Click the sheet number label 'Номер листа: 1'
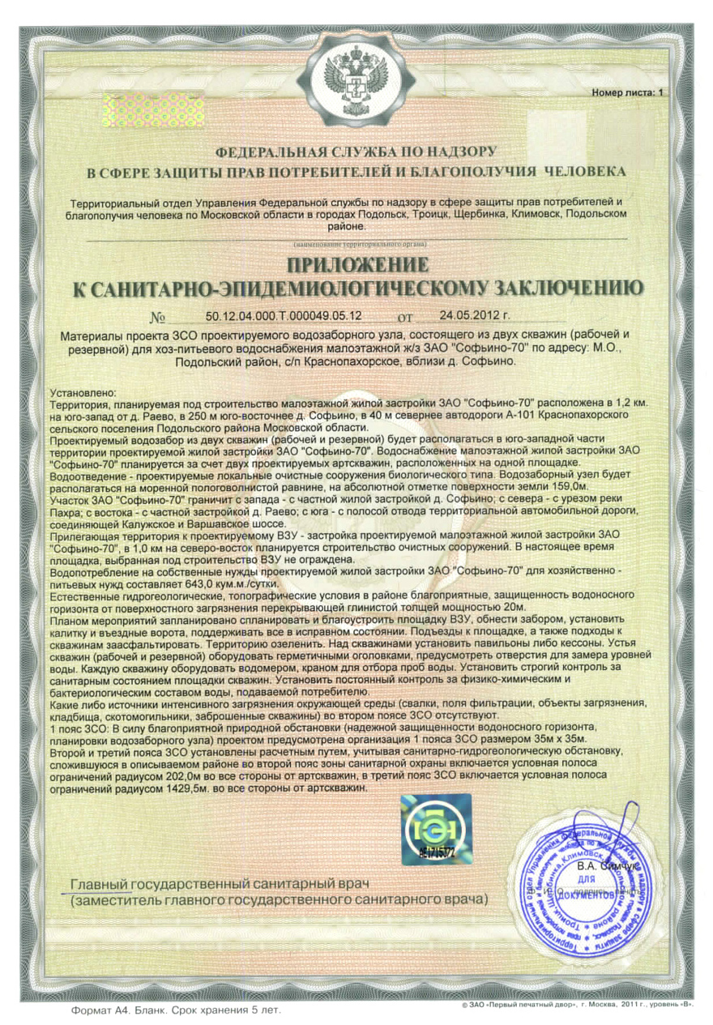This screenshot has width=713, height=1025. pos(626,93)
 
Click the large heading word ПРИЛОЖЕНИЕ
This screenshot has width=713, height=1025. pos(356,265)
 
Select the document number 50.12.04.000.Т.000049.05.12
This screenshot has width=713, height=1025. pos(278,315)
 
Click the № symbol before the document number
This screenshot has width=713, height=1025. pos(159,317)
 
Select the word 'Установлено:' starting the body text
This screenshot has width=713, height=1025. pos(83,392)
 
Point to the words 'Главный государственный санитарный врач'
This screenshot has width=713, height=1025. pos(220,883)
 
